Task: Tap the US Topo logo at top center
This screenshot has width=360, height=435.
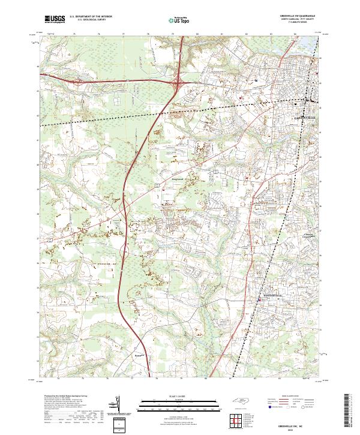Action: click(x=180, y=20)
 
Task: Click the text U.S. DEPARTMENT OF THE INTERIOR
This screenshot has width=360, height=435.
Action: click(x=90, y=17)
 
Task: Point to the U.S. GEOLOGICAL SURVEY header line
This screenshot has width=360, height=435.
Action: click(x=90, y=20)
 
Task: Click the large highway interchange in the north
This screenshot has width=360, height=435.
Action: click(x=179, y=81)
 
